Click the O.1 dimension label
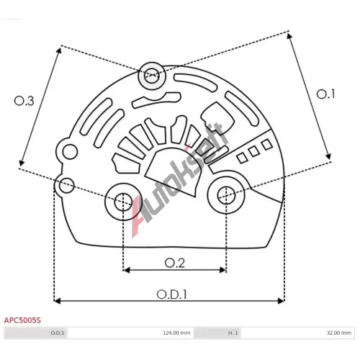click(x=325, y=94)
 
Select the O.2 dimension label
click(x=175, y=264)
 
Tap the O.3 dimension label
click(x=24, y=101)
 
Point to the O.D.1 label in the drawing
click(x=171, y=294)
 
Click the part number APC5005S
click(x=22, y=320)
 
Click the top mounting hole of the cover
click(x=152, y=76)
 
